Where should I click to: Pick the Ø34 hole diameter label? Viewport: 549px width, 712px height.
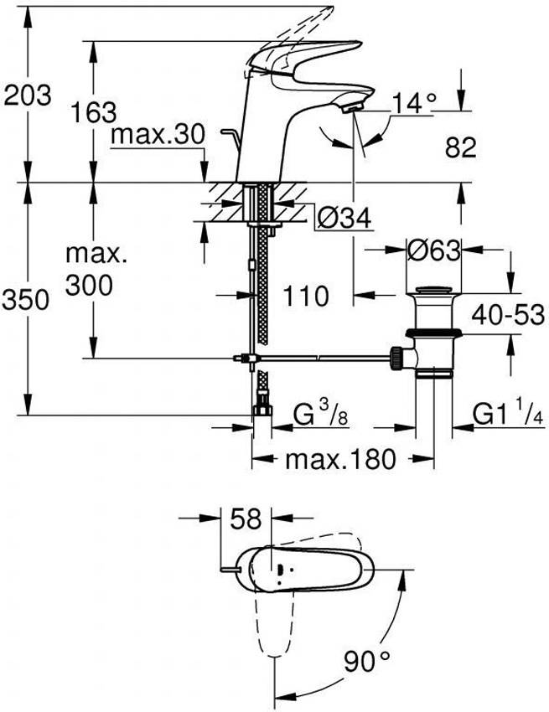click(x=344, y=219)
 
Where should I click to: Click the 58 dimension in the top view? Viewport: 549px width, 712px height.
click(x=247, y=518)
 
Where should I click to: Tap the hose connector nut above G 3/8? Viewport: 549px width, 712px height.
click(x=262, y=412)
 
